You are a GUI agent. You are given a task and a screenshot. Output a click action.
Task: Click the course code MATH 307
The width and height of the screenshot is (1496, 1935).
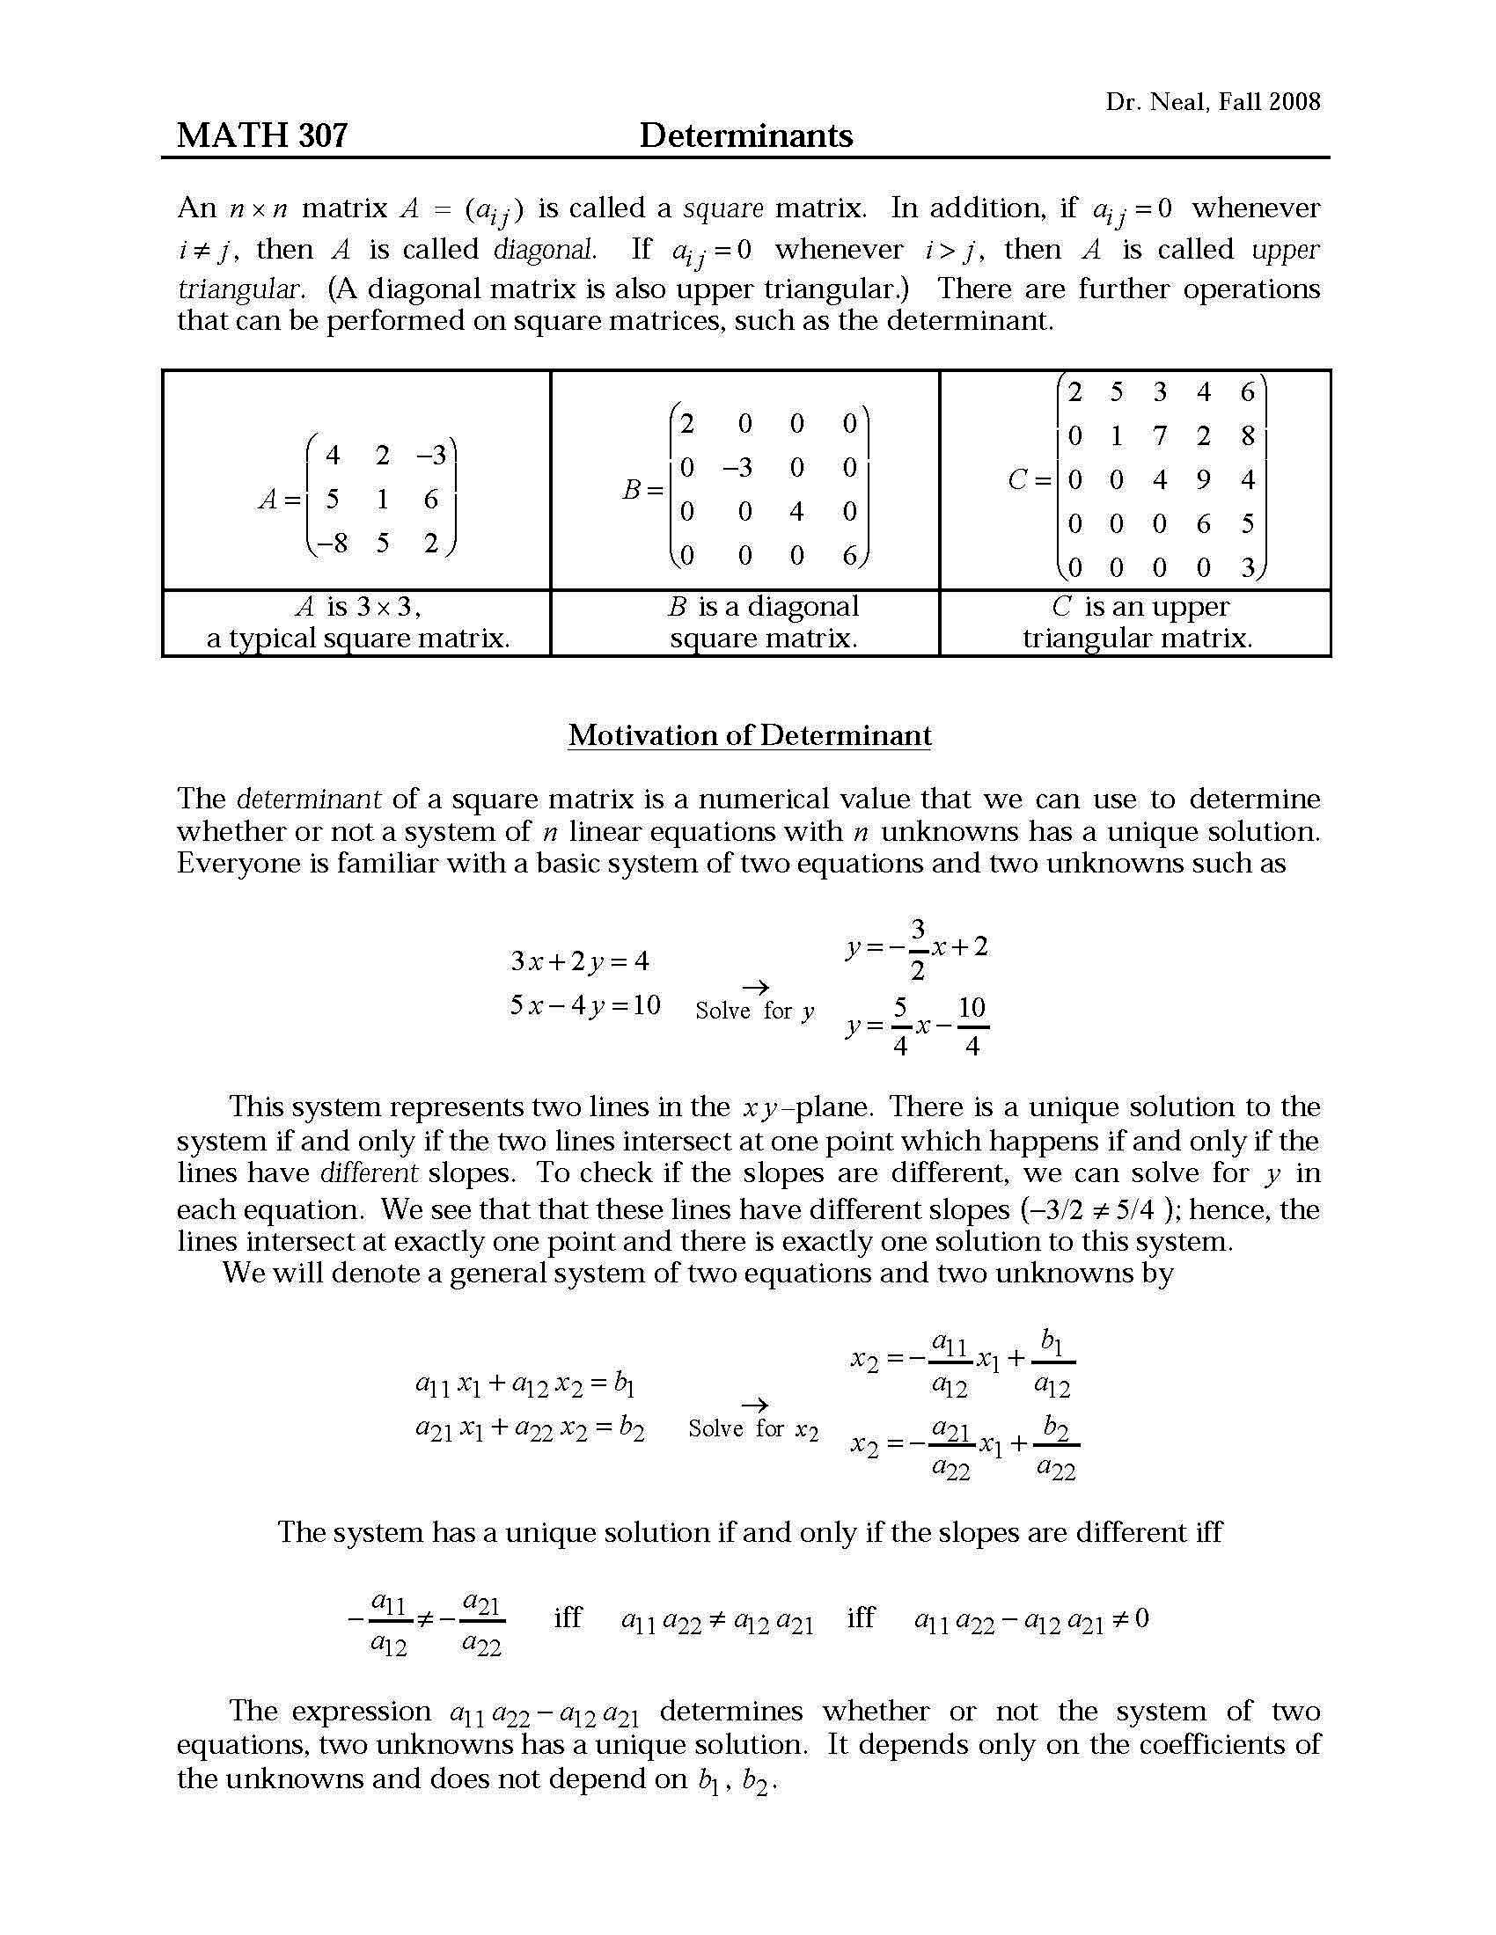point(262,135)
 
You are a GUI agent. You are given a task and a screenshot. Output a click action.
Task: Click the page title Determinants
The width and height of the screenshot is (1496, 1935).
point(745,135)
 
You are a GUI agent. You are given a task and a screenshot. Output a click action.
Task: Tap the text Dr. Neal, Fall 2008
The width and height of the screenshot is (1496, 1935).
point(1212,102)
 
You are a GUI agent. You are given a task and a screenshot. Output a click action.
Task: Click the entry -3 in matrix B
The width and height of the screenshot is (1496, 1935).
point(737,467)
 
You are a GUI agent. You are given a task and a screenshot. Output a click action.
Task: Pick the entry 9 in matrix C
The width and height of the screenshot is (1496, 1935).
point(1203,479)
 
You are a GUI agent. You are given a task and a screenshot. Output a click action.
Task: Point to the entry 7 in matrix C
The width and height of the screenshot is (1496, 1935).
point(1159,436)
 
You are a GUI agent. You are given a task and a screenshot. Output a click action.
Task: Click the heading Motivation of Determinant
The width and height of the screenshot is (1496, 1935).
point(749,734)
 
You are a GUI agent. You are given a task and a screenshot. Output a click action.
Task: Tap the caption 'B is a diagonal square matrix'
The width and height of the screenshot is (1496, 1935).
point(763,623)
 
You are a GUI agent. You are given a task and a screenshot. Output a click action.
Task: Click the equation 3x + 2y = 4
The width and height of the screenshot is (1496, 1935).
point(580,960)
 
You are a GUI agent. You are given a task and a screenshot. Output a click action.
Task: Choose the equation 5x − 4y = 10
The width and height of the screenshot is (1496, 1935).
point(585,1004)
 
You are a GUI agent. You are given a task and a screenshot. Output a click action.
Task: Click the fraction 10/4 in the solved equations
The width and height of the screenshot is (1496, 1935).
point(972,1026)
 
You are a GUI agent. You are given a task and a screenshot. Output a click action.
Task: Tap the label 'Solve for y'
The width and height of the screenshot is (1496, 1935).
point(755,1011)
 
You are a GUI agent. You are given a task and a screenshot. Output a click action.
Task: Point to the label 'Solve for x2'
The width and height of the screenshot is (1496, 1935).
point(753,1429)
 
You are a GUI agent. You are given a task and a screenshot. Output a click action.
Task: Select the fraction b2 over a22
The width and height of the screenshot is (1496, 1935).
point(1055,1447)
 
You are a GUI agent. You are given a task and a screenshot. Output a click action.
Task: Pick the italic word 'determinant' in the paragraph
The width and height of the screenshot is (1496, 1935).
point(308,800)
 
